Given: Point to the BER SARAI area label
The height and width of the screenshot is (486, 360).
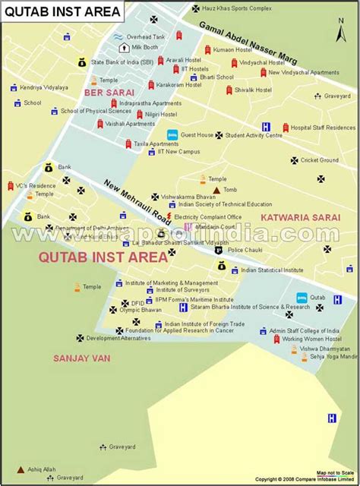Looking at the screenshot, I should tap(104, 93).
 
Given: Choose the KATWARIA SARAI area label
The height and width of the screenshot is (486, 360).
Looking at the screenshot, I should tap(297, 217).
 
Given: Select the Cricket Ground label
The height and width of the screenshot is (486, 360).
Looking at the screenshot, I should tap(320, 160).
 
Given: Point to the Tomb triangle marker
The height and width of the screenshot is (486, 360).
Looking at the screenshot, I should tap(217, 190).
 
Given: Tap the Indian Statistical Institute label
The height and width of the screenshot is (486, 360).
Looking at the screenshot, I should tap(271, 270).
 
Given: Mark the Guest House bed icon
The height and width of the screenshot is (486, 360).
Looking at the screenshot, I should tap(172, 134).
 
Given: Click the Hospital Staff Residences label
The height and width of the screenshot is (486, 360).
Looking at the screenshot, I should tap(323, 128).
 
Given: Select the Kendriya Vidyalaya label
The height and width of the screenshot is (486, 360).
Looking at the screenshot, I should tap(43, 88).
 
